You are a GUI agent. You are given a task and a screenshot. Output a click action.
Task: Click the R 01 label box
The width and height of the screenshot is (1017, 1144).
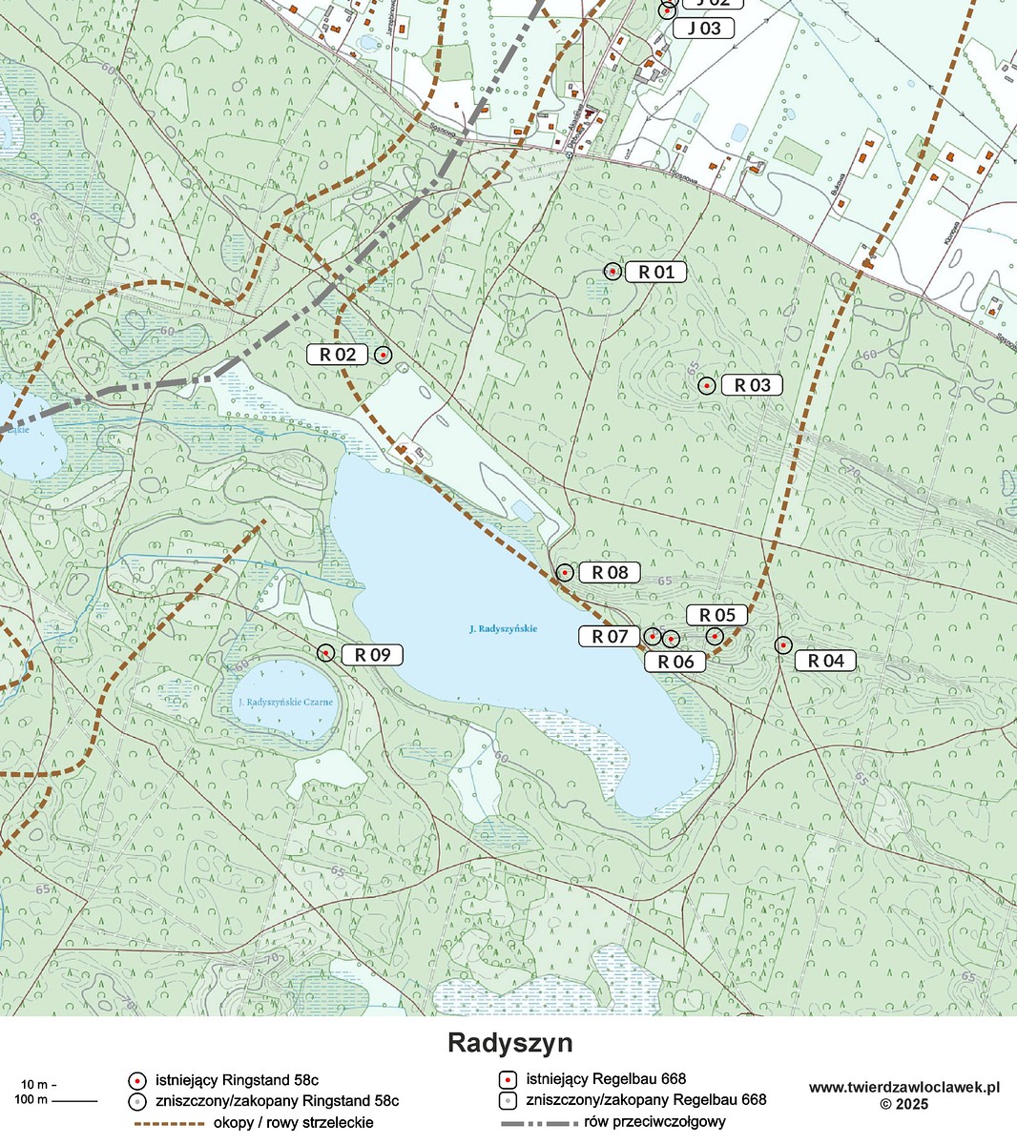656,272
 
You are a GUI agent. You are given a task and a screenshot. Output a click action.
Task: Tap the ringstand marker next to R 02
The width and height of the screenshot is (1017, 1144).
383,355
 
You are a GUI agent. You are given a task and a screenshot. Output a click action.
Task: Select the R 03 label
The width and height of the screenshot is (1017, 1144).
752,385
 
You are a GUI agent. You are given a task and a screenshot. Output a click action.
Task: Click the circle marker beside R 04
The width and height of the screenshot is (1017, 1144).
782,645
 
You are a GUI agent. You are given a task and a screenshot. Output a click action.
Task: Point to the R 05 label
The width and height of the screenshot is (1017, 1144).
716,615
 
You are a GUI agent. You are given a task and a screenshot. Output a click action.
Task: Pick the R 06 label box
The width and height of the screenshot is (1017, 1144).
675,662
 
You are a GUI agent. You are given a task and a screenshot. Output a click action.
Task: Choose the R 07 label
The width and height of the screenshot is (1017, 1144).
610,636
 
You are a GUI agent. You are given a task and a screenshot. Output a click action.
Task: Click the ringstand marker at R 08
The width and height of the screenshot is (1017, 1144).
565,573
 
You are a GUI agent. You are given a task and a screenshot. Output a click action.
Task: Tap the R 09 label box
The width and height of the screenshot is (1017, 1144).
372,655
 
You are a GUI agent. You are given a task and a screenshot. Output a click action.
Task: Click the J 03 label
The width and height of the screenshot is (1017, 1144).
704,29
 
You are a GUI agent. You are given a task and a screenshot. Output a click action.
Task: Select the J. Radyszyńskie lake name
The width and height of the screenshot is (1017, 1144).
503,629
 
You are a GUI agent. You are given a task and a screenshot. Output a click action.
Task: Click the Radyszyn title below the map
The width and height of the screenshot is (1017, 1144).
509,1043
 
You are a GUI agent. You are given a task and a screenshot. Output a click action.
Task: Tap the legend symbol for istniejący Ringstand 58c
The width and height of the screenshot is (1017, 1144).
137,1080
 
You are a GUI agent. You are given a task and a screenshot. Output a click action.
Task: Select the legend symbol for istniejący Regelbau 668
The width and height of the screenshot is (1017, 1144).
508,1080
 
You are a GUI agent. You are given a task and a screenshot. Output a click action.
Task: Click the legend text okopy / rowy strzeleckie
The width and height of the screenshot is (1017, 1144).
294,1122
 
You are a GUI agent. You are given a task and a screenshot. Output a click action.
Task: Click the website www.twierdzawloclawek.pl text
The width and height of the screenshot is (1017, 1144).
903,1087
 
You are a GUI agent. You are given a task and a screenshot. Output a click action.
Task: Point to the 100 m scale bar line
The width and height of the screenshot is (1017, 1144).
74,1101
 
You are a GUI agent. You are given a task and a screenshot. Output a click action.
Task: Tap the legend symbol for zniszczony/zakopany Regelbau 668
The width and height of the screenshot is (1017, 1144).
508,1100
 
